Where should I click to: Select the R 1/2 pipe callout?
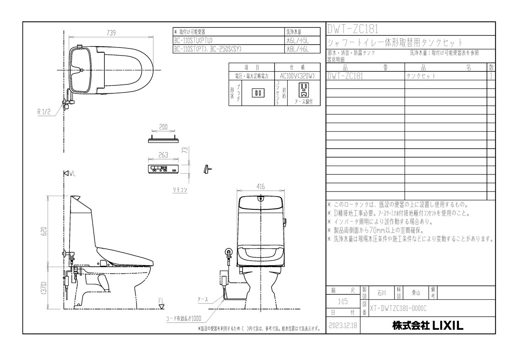click(x=44, y=112)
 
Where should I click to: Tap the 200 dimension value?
click(x=163, y=127)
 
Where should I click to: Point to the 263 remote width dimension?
click(x=163, y=155)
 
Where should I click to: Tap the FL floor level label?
click(x=161, y=301)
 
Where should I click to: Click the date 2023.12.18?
click(x=343, y=325)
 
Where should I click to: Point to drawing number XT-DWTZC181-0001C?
click(x=398, y=309)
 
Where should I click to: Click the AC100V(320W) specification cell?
click(x=297, y=76)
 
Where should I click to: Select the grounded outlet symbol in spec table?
click(x=303, y=90)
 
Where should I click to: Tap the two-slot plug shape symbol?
click(x=257, y=92)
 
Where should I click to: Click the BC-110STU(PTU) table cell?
click(x=195, y=40)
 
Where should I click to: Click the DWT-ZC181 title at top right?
click(x=352, y=28)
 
